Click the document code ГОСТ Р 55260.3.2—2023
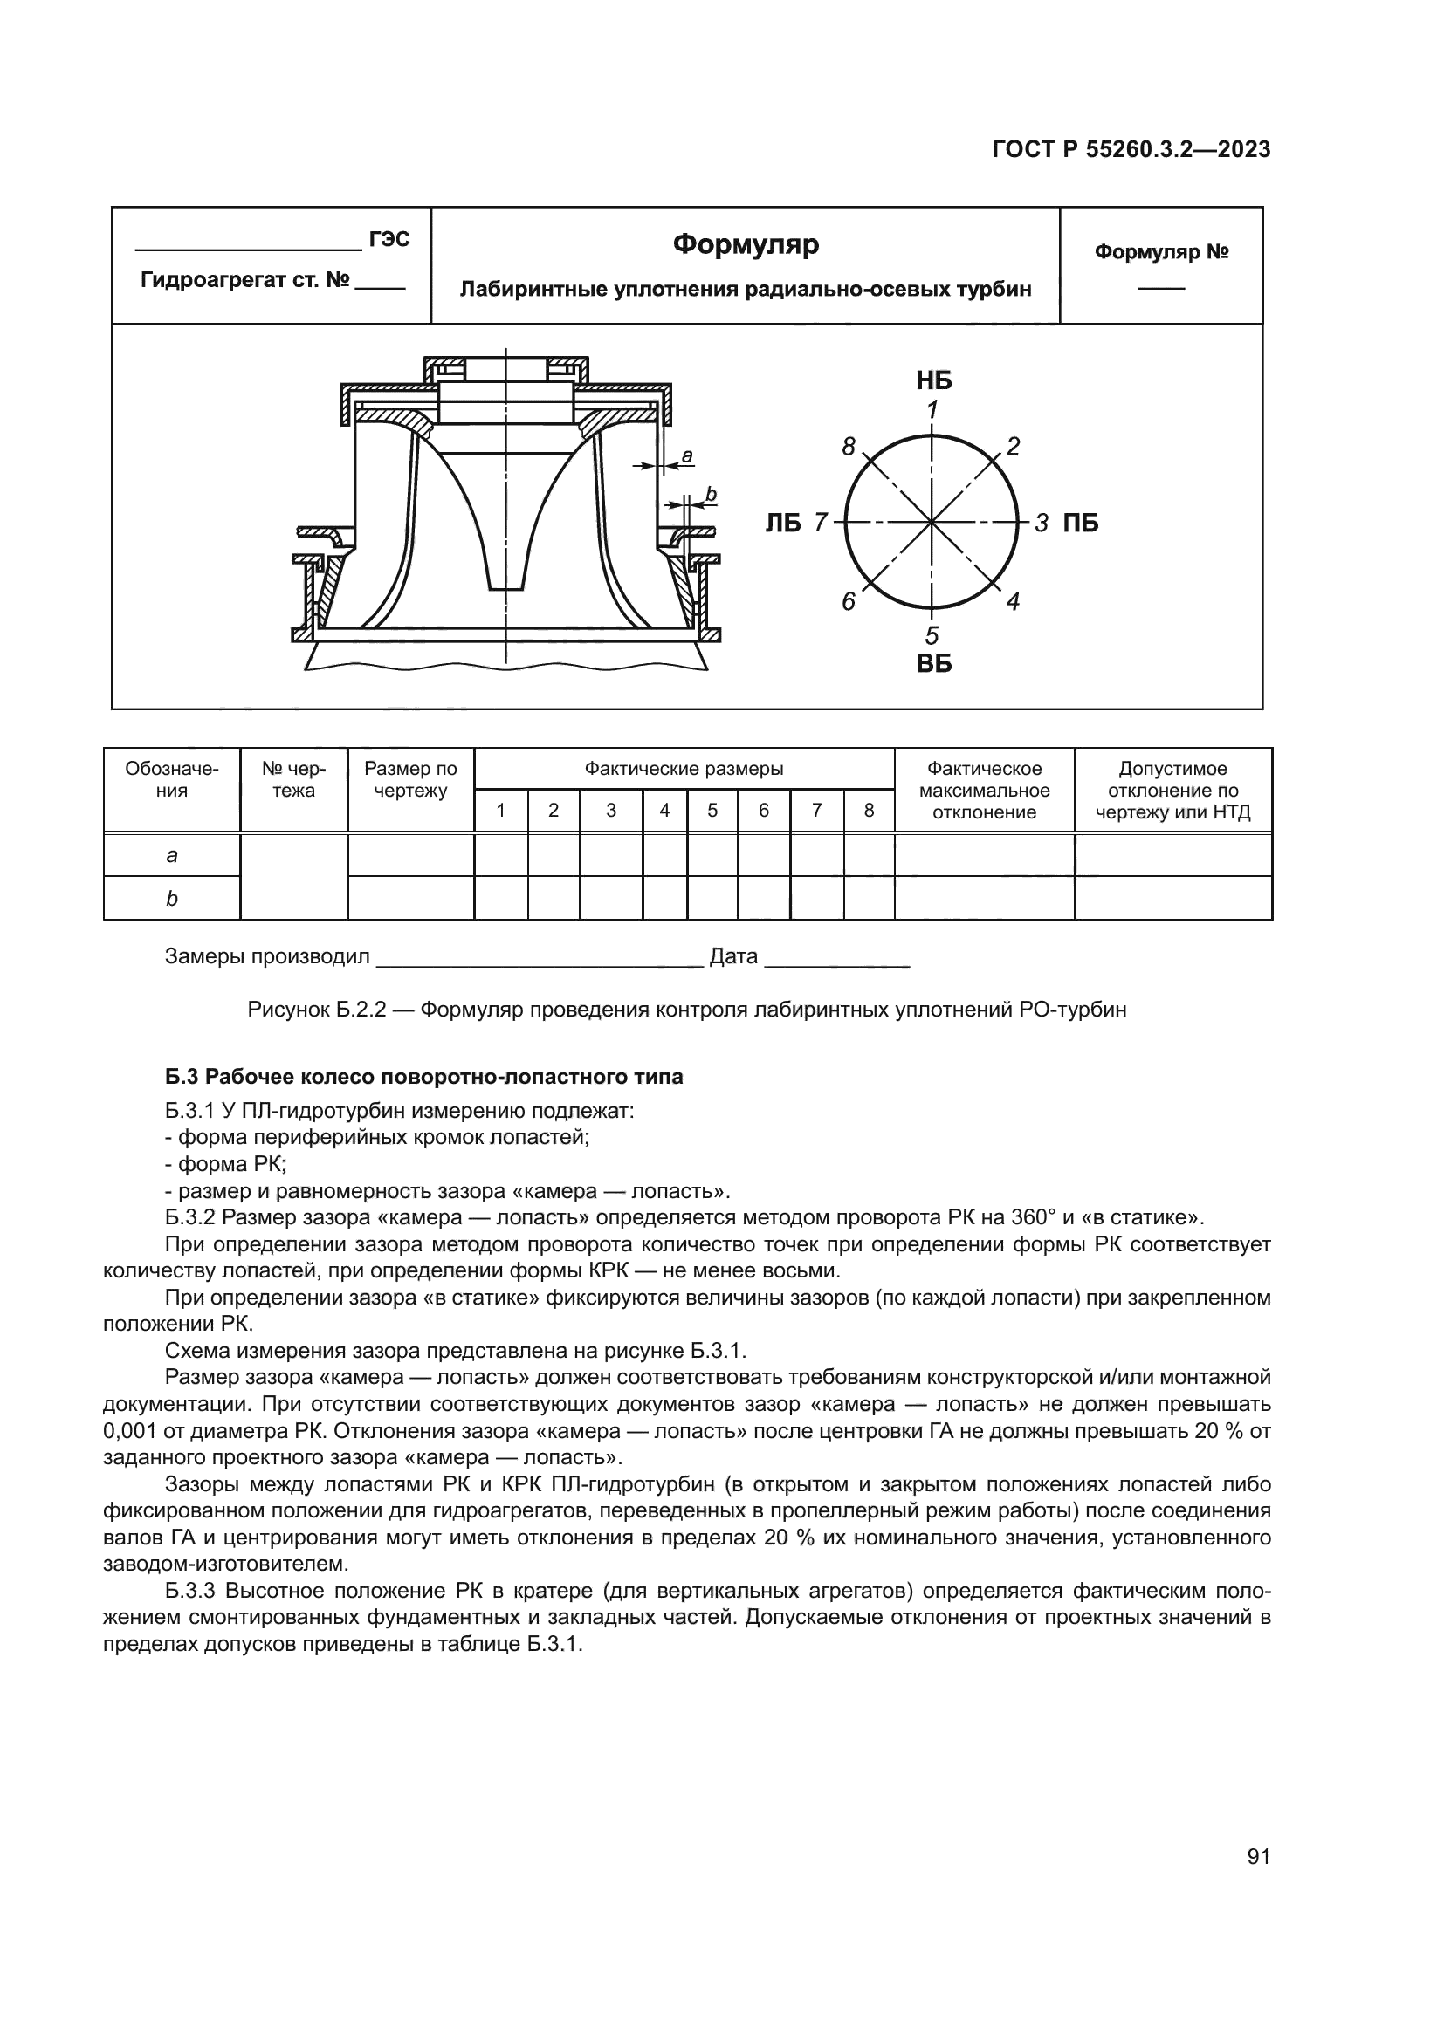1130,149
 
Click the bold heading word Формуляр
745,243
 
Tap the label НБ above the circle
933,381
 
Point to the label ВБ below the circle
933,663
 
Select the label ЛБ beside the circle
783,523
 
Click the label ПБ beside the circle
1080,523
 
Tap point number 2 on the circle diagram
1013,446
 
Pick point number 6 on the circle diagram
849,602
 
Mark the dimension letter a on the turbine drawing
686,457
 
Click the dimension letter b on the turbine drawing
711,493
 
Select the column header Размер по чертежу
411,779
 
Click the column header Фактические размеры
684,769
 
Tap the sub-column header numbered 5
712,811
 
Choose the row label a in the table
172,855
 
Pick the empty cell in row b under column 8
869,898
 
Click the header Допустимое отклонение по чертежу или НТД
1172,791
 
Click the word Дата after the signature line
733,956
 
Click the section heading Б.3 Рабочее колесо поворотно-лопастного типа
424,1077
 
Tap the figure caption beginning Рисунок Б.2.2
686,1010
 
